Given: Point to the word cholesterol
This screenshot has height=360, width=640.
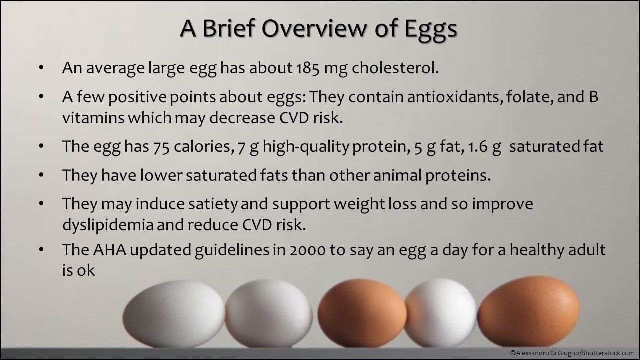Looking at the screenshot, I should click(395, 68).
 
